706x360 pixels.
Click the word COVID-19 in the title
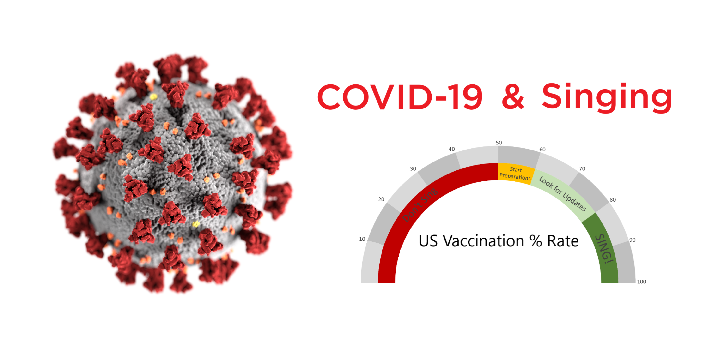click(x=400, y=97)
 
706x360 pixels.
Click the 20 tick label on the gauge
click(x=381, y=199)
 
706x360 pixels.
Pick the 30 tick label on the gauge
click(x=413, y=169)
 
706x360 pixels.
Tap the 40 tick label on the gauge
click(x=452, y=149)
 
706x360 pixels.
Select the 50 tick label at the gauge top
click(x=499, y=143)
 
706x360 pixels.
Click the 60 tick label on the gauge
click(x=542, y=150)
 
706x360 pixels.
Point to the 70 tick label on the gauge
click(x=582, y=169)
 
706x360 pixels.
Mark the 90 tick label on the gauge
click(x=632, y=240)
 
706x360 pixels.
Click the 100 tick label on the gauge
click(x=642, y=282)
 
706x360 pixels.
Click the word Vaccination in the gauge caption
click(x=483, y=241)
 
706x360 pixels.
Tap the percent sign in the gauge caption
click(x=536, y=241)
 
